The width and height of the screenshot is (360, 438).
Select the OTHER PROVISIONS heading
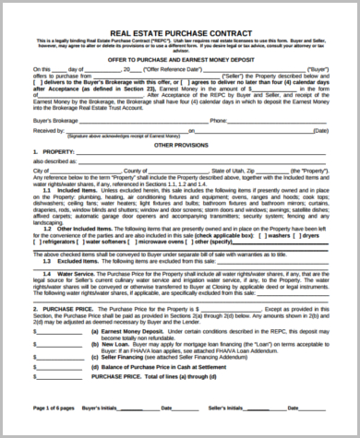[180, 146]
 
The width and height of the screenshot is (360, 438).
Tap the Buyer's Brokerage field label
[52, 120]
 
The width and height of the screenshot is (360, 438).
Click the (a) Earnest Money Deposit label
[130, 329]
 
